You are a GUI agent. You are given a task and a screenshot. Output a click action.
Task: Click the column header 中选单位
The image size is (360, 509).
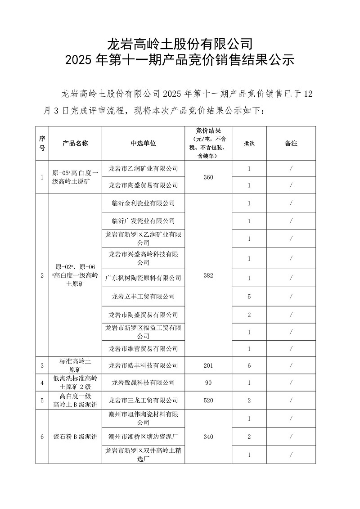coord(143,143)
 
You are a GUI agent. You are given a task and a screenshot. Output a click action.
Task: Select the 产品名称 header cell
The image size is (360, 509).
coord(75,143)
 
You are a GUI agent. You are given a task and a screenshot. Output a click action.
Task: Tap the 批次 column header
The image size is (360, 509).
coord(249,143)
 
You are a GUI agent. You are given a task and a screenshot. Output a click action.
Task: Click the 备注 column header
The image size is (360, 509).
coord(291,143)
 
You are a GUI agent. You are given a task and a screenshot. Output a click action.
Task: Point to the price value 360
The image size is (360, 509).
coord(208,177)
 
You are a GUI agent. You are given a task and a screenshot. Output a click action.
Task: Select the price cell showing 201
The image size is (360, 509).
coord(208,365)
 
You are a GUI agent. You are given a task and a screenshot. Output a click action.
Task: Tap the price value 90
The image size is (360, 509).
coord(208,383)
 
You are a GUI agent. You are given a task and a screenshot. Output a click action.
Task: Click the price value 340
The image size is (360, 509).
coord(208,437)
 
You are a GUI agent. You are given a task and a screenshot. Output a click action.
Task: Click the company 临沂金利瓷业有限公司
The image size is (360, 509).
coord(143,203)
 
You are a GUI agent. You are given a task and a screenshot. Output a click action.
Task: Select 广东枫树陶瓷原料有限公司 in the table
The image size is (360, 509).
coord(143,278)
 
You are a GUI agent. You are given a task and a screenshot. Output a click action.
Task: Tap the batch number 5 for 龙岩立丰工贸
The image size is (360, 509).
coord(249,297)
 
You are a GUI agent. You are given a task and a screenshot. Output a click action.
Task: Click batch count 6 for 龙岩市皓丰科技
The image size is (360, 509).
coord(249,365)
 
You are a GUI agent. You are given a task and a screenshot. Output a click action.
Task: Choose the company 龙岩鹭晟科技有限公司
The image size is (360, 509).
coord(143,383)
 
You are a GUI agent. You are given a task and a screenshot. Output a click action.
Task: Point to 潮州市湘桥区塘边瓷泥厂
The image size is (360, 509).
coord(143,437)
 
